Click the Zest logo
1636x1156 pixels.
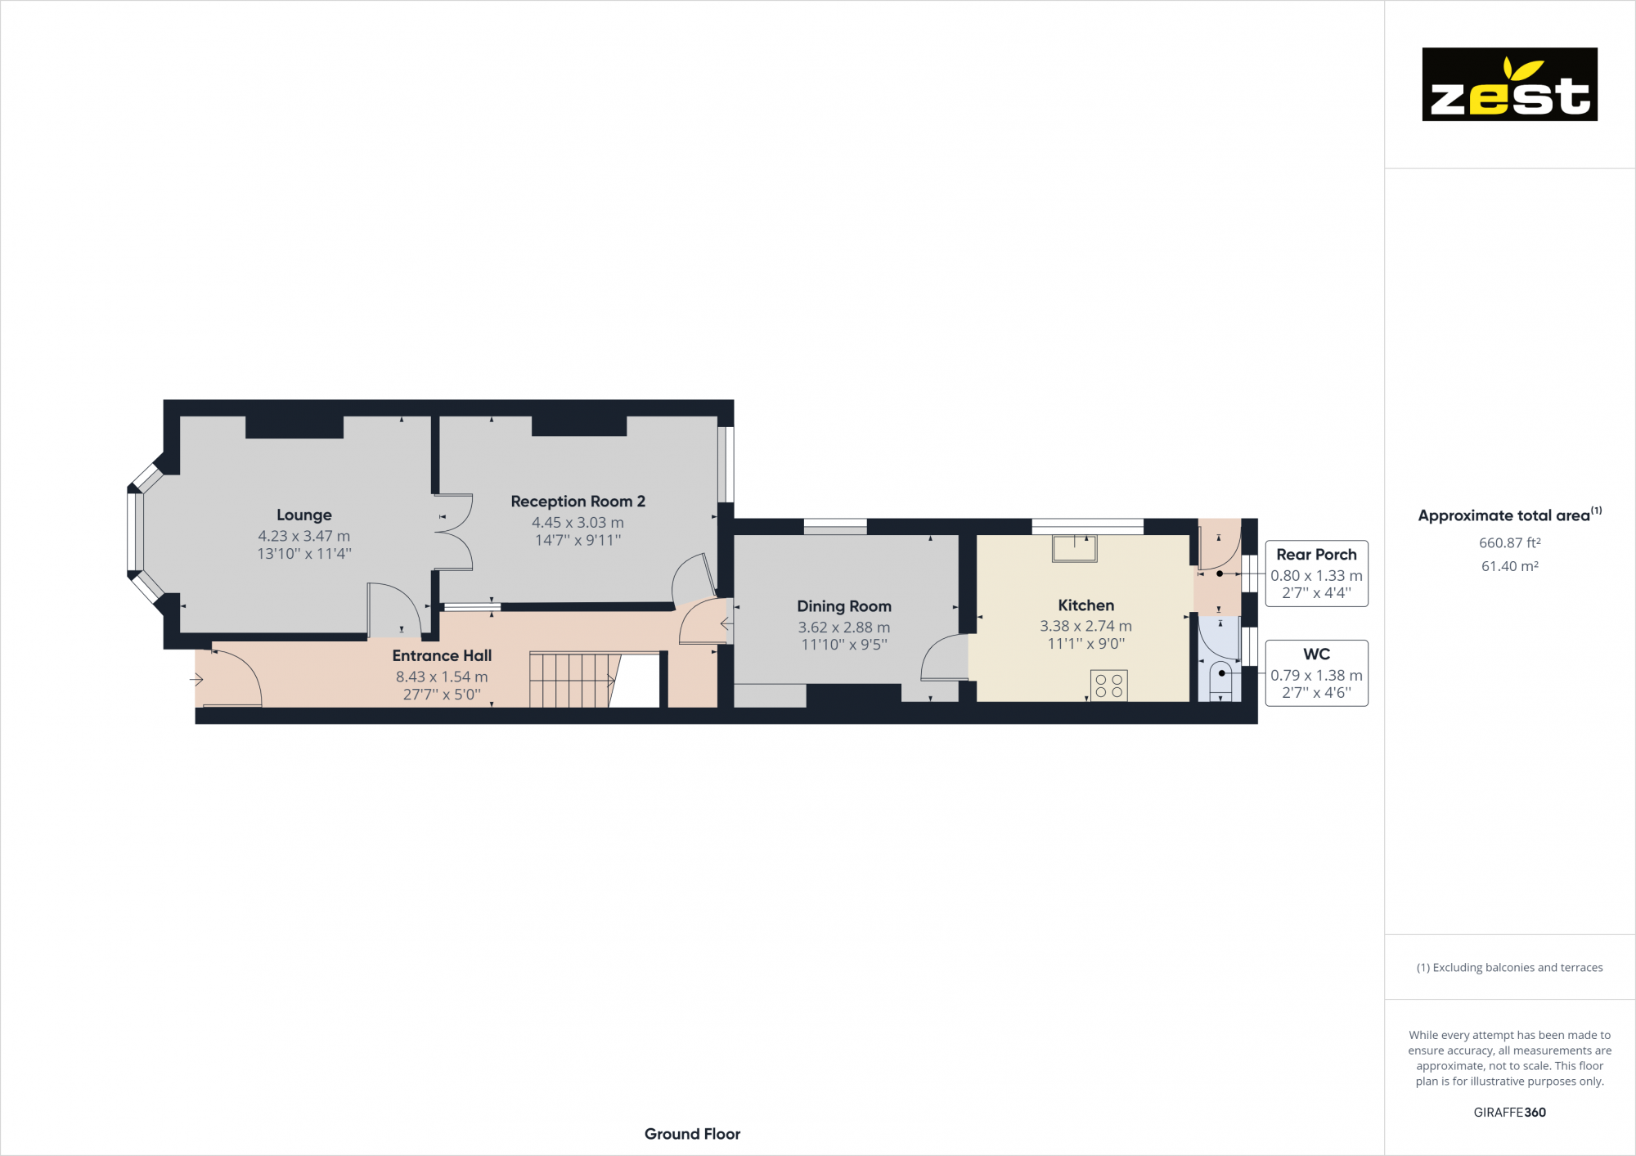coord(1509,84)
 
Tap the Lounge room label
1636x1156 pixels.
coord(304,515)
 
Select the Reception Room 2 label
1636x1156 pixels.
coord(578,502)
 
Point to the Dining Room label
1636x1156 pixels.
coord(844,606)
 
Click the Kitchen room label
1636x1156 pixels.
coord(1085,605)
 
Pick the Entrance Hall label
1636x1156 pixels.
coord(442,655)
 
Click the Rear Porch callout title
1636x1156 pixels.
coord(1316,555)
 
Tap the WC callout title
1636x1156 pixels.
coord(1316,654)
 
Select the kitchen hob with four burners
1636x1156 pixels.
coord(1108,686)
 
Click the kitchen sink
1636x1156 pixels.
coord(1074,548)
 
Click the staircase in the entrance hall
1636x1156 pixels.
coord(569,680)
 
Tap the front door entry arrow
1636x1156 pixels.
coord(196,679)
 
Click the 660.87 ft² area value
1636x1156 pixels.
coord(1509,543)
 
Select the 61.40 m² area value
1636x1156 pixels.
coord(1509,566)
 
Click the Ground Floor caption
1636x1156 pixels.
coord(692,1134)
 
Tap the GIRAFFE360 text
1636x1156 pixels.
coord(1509,1113)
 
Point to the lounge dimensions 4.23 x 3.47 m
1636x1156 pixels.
coord(304,537)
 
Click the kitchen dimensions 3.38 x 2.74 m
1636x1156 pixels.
coord(1085,627)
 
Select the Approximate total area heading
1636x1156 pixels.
coord(1503,515)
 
